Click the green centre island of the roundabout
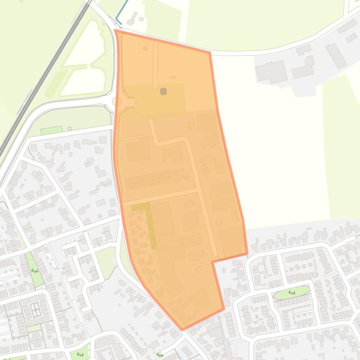(x=118, y=101)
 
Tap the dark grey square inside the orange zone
(x=163, y=91)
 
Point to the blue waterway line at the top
(x=122, y=9)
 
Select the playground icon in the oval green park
(x=292, y=293)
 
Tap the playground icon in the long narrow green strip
(x=34, y=270)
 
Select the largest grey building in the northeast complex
(x=271, y=72)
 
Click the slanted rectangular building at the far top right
(x=336, y=56)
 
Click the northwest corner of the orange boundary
(x=115, y=31)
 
